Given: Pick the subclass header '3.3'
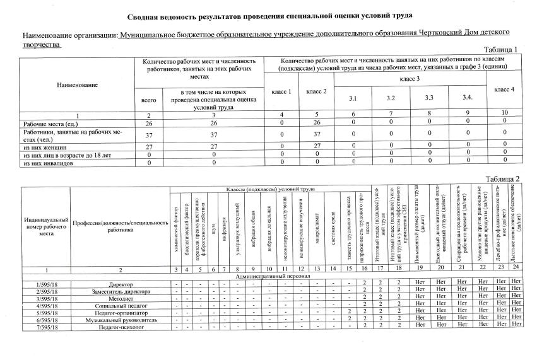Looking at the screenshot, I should (429, 98).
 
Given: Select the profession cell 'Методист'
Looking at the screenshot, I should (120, 299).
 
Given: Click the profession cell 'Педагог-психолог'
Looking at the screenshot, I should (120, 327).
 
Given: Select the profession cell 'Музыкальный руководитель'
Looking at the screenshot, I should (120, 320).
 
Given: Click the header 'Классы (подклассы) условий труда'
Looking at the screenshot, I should (271, 190).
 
